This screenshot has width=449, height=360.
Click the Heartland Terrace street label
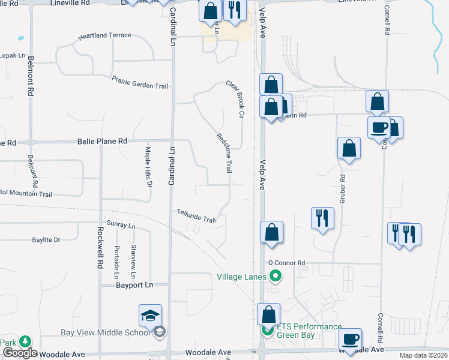point(104,35)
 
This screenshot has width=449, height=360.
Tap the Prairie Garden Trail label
point(140,82)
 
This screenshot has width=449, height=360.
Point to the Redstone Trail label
point(223,154)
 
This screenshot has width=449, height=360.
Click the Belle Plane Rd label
point(103,141)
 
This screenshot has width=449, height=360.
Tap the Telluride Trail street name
point(196,216)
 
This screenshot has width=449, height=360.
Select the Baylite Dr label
point(46,240)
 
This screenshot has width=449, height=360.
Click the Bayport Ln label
point(136,285)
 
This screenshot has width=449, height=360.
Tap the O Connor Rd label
point(287,263)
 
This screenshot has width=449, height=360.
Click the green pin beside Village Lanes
point(276,277)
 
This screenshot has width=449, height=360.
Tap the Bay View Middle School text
point(106,333)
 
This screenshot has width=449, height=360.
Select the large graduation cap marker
point(151,316)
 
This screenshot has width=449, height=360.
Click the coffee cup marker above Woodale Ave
point(350,339)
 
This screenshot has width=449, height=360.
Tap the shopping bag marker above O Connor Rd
point(271,232)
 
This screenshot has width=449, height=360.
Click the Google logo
point(20,353)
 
